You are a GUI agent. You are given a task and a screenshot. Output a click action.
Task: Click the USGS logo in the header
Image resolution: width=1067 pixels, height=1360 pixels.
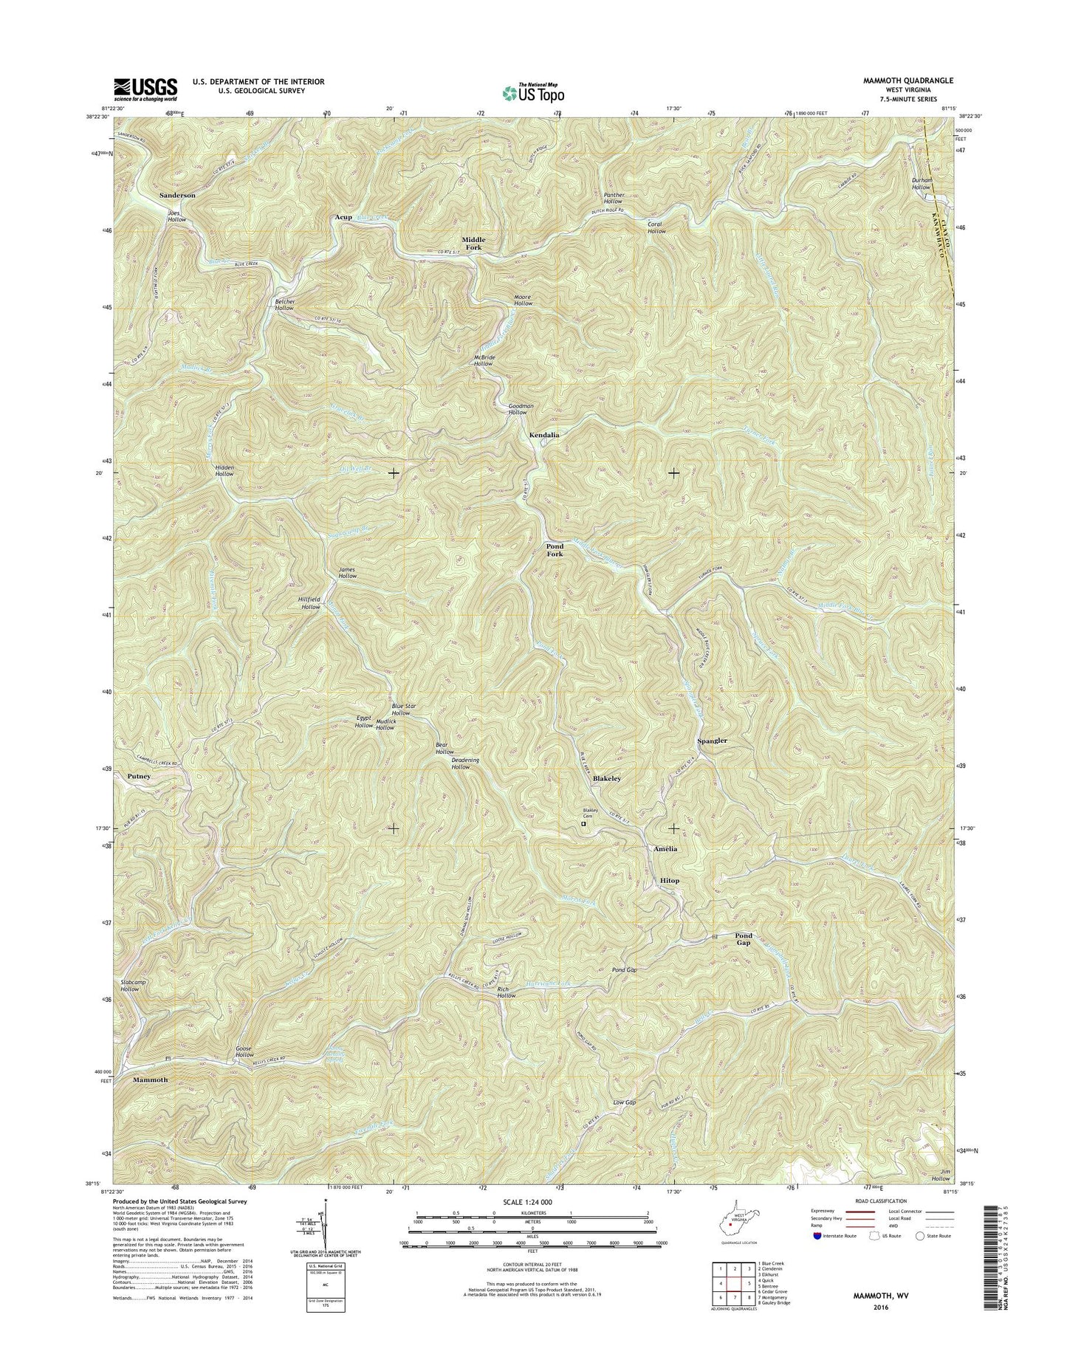(145, 89)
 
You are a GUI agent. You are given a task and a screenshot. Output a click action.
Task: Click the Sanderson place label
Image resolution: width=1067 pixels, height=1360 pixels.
(177, 195)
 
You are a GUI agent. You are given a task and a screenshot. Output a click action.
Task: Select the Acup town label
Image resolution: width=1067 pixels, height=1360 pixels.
(343, 218)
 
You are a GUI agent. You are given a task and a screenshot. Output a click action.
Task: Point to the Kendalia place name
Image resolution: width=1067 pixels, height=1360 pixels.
(544, 436)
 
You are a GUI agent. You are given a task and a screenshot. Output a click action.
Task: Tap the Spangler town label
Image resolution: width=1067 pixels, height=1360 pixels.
(713, 741)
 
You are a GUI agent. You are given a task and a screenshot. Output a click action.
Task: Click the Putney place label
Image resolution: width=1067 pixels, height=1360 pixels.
(139, 777)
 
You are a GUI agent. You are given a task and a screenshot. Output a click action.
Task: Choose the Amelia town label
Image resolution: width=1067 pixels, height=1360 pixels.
(665, 849)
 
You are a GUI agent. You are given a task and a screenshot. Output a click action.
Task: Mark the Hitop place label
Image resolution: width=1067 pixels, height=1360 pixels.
(669, 881)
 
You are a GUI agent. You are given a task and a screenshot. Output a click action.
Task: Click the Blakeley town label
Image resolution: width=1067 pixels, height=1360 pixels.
(607, 779)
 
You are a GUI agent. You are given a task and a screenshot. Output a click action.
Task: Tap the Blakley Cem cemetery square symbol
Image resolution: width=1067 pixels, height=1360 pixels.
(583, 824)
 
